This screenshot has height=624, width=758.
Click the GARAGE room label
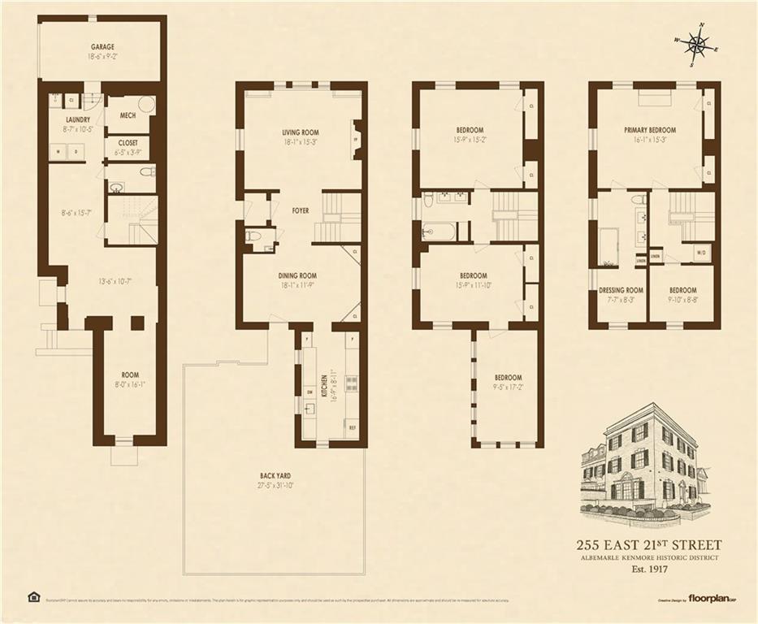pyautogui.click(x=102, y=48)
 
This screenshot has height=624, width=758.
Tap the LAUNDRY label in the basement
pyautogui.click(x=78, y=119)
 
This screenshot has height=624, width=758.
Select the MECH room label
pyautogui.click(x=128, y=116)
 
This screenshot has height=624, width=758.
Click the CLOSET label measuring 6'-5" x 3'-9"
pyautogui.click(x=128, y=142)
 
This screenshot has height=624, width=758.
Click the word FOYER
pyautogui.click(x=301, y=210)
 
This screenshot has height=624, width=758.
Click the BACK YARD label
pyautogui.click(x=275, y=476)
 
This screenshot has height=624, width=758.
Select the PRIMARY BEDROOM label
pyautogui.click(x=650, y=130)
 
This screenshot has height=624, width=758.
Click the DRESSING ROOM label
pyautogui.click(x=621, y=290)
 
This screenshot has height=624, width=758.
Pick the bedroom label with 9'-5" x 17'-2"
pyautogui.click(x=508, y=378)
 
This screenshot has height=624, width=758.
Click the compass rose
pyautogui.click(x=696, y=45)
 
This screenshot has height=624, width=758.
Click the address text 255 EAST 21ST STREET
pyautogui.click(x=648, y=545)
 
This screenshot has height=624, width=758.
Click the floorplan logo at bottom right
pyautogui.click(x=712, y=599)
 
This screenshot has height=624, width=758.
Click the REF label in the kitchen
pyautogui.click(x=352, y=427)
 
